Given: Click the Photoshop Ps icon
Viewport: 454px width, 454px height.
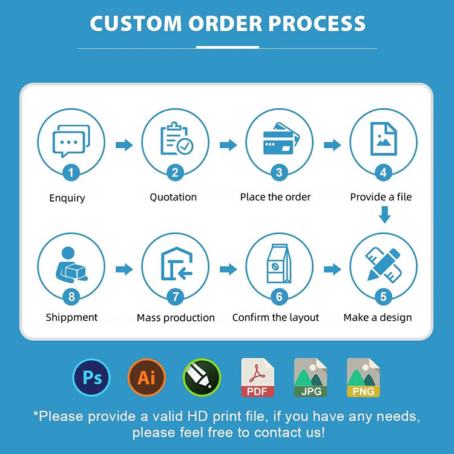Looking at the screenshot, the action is (91, 378).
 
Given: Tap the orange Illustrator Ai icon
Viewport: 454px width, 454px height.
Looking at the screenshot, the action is (146, 378).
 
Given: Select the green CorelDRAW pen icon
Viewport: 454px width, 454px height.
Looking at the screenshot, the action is (202, 378).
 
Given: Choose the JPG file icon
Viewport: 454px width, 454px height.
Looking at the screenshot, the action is (311, 378).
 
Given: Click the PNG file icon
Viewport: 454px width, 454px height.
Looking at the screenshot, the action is (363, 378).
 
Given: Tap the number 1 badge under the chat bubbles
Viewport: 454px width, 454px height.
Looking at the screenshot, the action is (71, 173).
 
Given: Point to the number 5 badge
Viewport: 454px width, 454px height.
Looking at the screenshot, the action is (383, 297).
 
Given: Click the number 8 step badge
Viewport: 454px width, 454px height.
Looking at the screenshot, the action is (71, 297).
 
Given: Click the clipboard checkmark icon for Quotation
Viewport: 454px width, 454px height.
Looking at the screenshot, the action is (176, 139).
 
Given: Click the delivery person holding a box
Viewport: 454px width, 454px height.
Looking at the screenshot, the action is (71, 265).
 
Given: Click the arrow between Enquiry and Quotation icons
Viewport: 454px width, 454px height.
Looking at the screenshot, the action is (123, 145).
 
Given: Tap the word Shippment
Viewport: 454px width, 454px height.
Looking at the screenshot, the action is (71, 317).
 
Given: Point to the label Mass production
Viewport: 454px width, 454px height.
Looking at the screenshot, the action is (176, 318).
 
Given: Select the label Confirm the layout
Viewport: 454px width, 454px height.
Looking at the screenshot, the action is (275, 317).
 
